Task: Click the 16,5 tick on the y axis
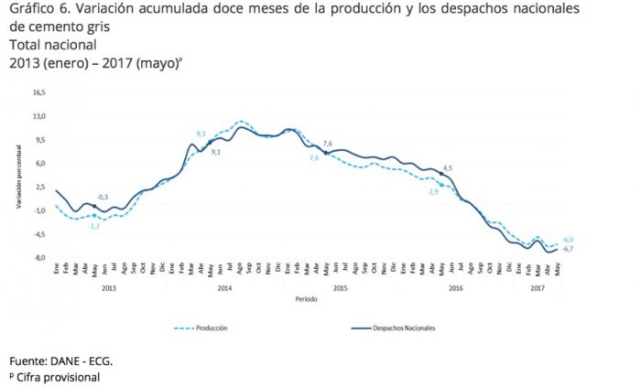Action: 38,92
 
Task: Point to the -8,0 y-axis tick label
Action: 38,258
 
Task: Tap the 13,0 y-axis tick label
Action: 38,116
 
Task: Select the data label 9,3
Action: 201,134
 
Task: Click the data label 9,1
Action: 216,152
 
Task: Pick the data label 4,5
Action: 448,167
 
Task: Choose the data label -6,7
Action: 568,250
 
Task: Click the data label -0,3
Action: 103,197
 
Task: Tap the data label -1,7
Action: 93,225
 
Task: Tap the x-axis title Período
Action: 307,299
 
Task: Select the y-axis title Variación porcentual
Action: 17,176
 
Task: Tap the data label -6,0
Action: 568,239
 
